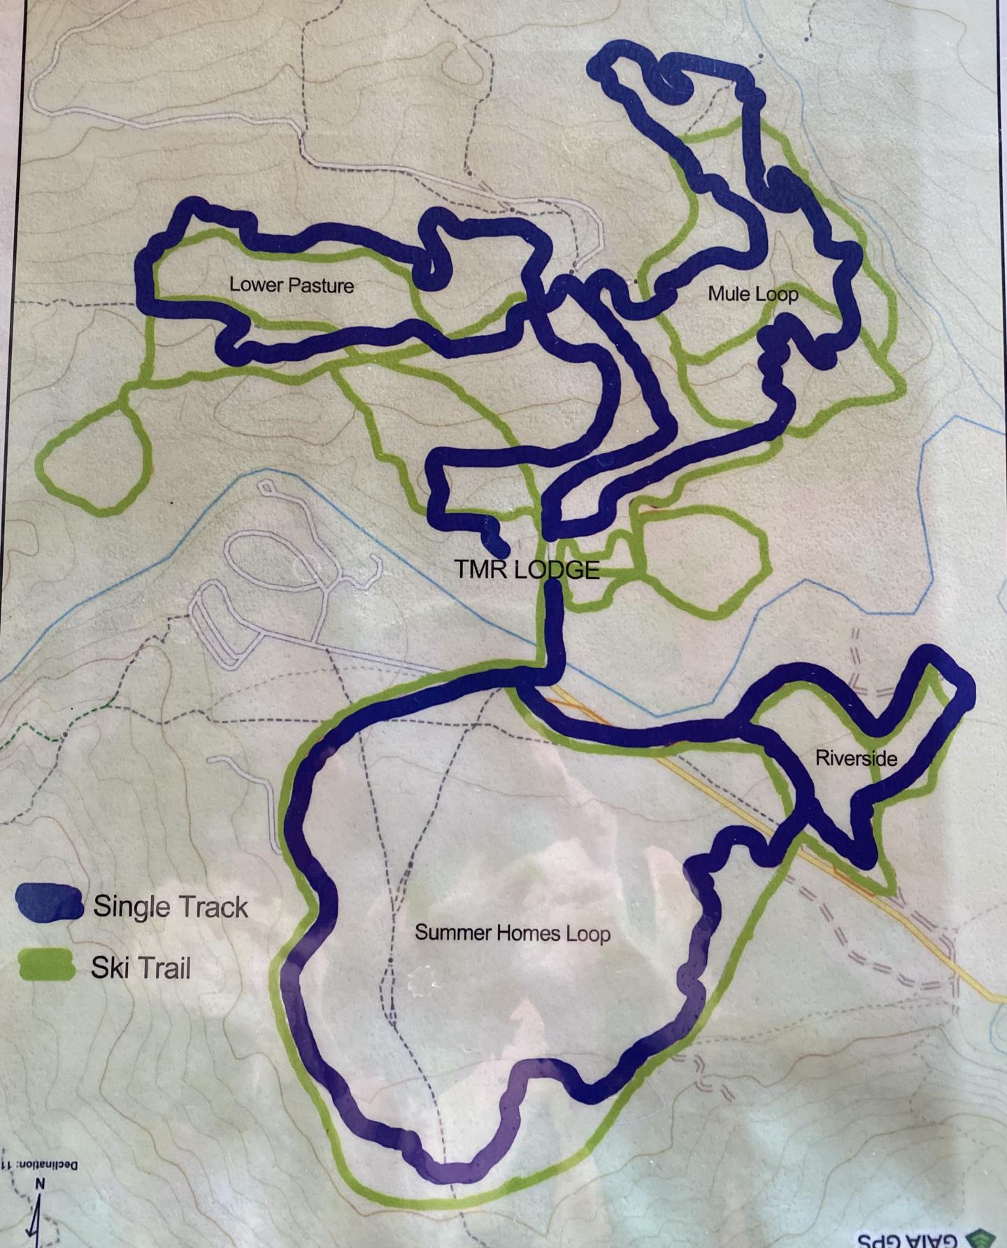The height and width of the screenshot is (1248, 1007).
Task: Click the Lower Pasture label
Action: [x=292, y=285]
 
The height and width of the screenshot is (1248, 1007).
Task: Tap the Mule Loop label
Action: [x=752, y=294]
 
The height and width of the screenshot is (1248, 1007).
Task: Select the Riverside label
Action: [x=856, y=758]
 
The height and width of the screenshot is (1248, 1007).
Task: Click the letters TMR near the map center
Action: [x=478, y=569]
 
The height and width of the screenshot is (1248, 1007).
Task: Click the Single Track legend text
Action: [x=171, y=907]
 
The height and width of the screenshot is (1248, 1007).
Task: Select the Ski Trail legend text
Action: [x=141, y=969]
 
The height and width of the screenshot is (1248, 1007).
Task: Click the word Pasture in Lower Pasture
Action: [x=318, y=285]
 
